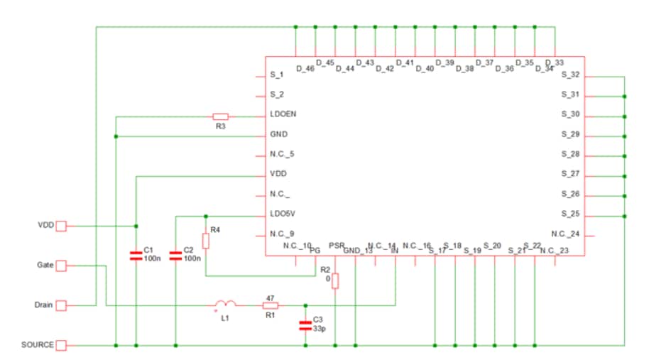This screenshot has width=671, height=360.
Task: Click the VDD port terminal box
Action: [x=61, y=226]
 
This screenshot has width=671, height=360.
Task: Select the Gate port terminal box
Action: [x=61, y=266]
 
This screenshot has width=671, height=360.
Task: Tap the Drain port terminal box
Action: [x=61, y=305]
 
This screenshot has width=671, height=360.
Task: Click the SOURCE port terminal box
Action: [x=61, y=345]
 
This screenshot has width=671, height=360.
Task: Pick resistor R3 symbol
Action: [x=220, y=116]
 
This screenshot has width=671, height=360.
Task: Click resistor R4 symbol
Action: [x=205, y=241]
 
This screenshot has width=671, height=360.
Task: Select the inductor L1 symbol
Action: [x=224, y=305]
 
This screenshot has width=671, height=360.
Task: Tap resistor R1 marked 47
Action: [x=271, y=305]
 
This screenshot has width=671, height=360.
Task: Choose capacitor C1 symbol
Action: [x=136, y=255]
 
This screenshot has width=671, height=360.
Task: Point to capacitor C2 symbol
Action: [x=175, y=255]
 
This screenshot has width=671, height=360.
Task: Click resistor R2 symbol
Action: [x=336, y=281]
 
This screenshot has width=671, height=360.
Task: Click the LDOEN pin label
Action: [x=283, y=114]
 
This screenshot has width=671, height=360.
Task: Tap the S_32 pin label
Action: [x=570, y=75]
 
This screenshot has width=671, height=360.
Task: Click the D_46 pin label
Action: [x=305, y=69]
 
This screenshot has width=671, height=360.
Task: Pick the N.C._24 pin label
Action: [x=565, y=234]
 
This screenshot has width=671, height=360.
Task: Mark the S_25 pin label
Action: [x=570, y=214]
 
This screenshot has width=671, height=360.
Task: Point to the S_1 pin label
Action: [x=277, y=75]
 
